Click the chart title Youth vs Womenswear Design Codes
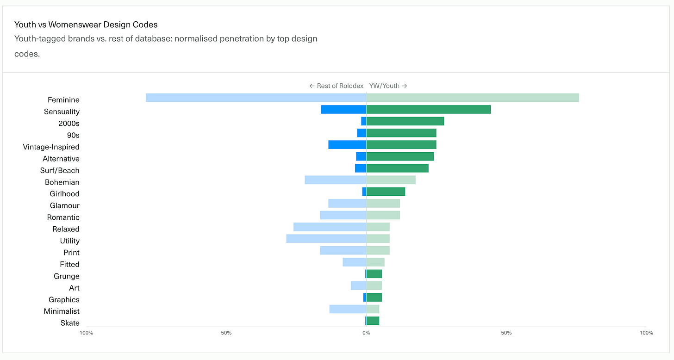(x=86, y=25)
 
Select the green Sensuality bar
(x=429, y=110)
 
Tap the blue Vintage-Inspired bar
(x=347, y=145)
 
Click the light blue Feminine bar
(x=256, y=98)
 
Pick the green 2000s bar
(x=406, y=121)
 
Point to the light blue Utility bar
(x=326, y=239)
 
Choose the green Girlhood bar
(x=386, y=192)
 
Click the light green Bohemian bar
(x=391, y=180)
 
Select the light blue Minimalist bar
(x=348, y=309)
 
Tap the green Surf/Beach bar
(x=398, y=168)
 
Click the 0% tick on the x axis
(x=366, y=333)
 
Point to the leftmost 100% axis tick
(x=87, y=333)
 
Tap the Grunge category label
(x=67, y=276)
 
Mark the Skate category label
(x=70, y=323)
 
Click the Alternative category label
(x=61, y=159)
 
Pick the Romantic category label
(x=63, y=217)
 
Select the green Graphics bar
(x=374, y=298)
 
